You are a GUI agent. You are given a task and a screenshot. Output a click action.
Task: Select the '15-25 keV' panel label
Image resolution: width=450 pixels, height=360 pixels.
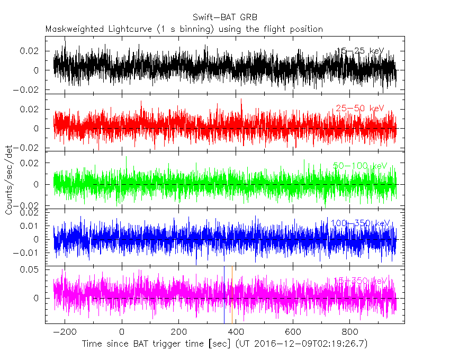[x=360, y=51]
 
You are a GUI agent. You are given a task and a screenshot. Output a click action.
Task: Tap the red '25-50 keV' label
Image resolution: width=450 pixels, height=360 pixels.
[x=359, y=109]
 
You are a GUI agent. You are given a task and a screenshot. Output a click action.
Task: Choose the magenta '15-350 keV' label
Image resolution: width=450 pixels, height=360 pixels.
[x=358, y=281]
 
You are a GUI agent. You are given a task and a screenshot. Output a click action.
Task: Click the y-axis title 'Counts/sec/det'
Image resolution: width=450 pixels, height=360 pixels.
[x=9, y=180]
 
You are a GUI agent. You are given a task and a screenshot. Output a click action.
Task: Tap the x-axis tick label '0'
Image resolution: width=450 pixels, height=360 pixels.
[x=122, y=333]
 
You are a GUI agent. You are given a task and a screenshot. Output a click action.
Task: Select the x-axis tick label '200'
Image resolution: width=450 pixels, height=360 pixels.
[x=178, y=333]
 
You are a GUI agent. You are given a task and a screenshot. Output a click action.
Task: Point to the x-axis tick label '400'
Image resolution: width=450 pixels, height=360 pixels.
[x=236, y=333]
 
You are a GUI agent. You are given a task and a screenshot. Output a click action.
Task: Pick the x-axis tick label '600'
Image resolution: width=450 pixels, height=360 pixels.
[x=293, y=333]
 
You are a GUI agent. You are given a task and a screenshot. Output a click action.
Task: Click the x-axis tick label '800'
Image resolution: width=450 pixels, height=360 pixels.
[x=349, y=333]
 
